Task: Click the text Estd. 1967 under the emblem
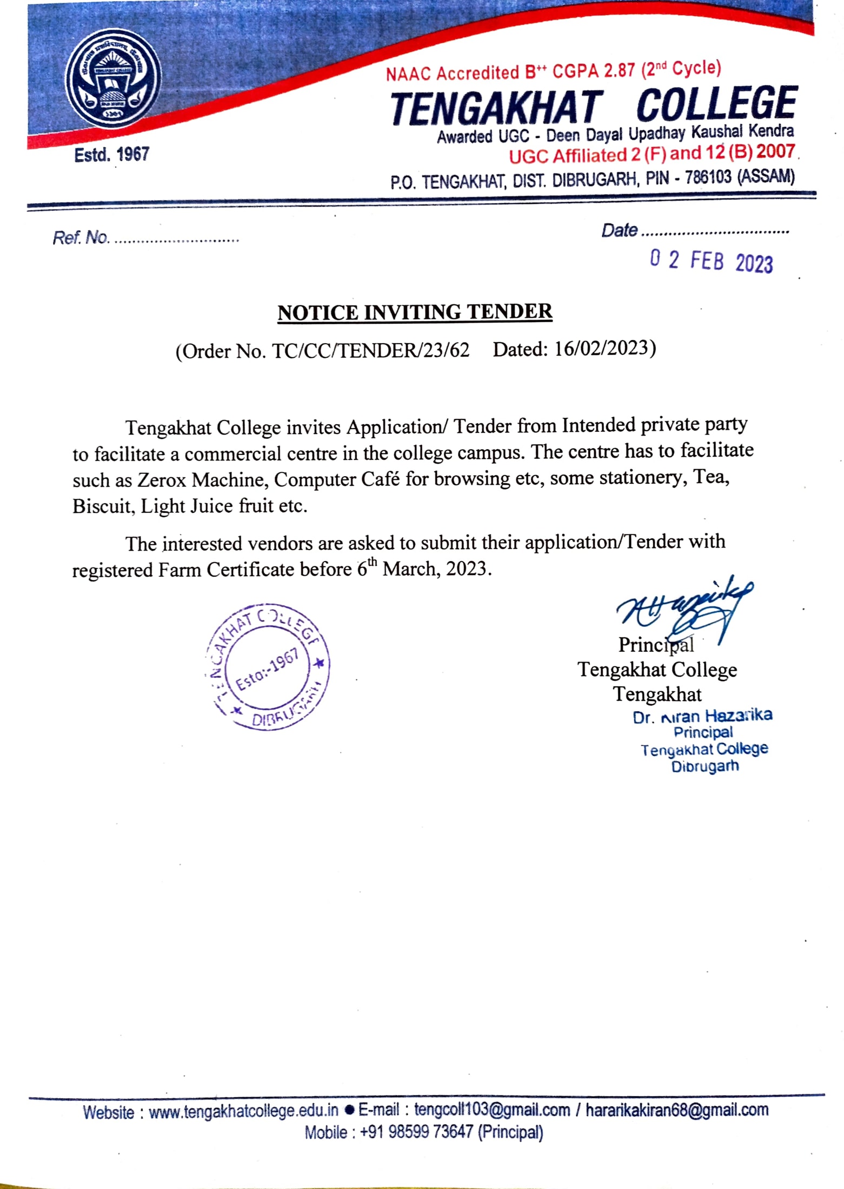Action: tap(111, 155)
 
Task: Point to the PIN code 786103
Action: tap(708, 177)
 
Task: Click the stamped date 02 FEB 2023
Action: tap(711, 261)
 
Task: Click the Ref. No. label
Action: tap(81, 237)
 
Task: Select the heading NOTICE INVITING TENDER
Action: tap(415, 312)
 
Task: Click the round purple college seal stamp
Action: tap(268, 666)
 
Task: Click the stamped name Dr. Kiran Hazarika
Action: tap(702, 716)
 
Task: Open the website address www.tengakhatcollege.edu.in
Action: tap(243, 1111)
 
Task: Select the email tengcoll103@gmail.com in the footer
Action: tap(492, 1110)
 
